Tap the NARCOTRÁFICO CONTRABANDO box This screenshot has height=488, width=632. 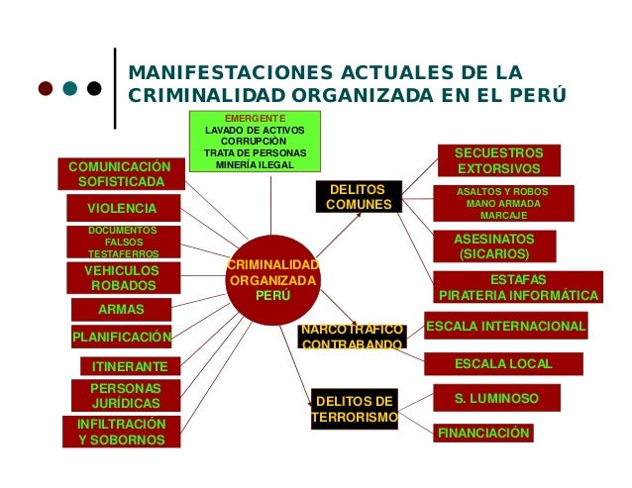(x=353, y=336)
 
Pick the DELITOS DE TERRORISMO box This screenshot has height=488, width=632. (x=355, y=409)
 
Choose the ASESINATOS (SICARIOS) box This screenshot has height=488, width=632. (x=493, y=246)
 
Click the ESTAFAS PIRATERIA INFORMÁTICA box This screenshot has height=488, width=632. (x=518, y=287)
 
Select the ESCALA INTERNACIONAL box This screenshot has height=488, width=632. (x=505, y=326)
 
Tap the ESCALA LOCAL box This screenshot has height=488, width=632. (x=503, y=364)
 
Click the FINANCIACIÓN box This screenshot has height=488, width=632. (x=483, y=433)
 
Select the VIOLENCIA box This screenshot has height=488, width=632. (x=122, y=208)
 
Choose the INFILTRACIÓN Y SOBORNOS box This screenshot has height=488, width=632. (x=122, y=432)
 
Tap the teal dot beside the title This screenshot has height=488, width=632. (x=70, y=88)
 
